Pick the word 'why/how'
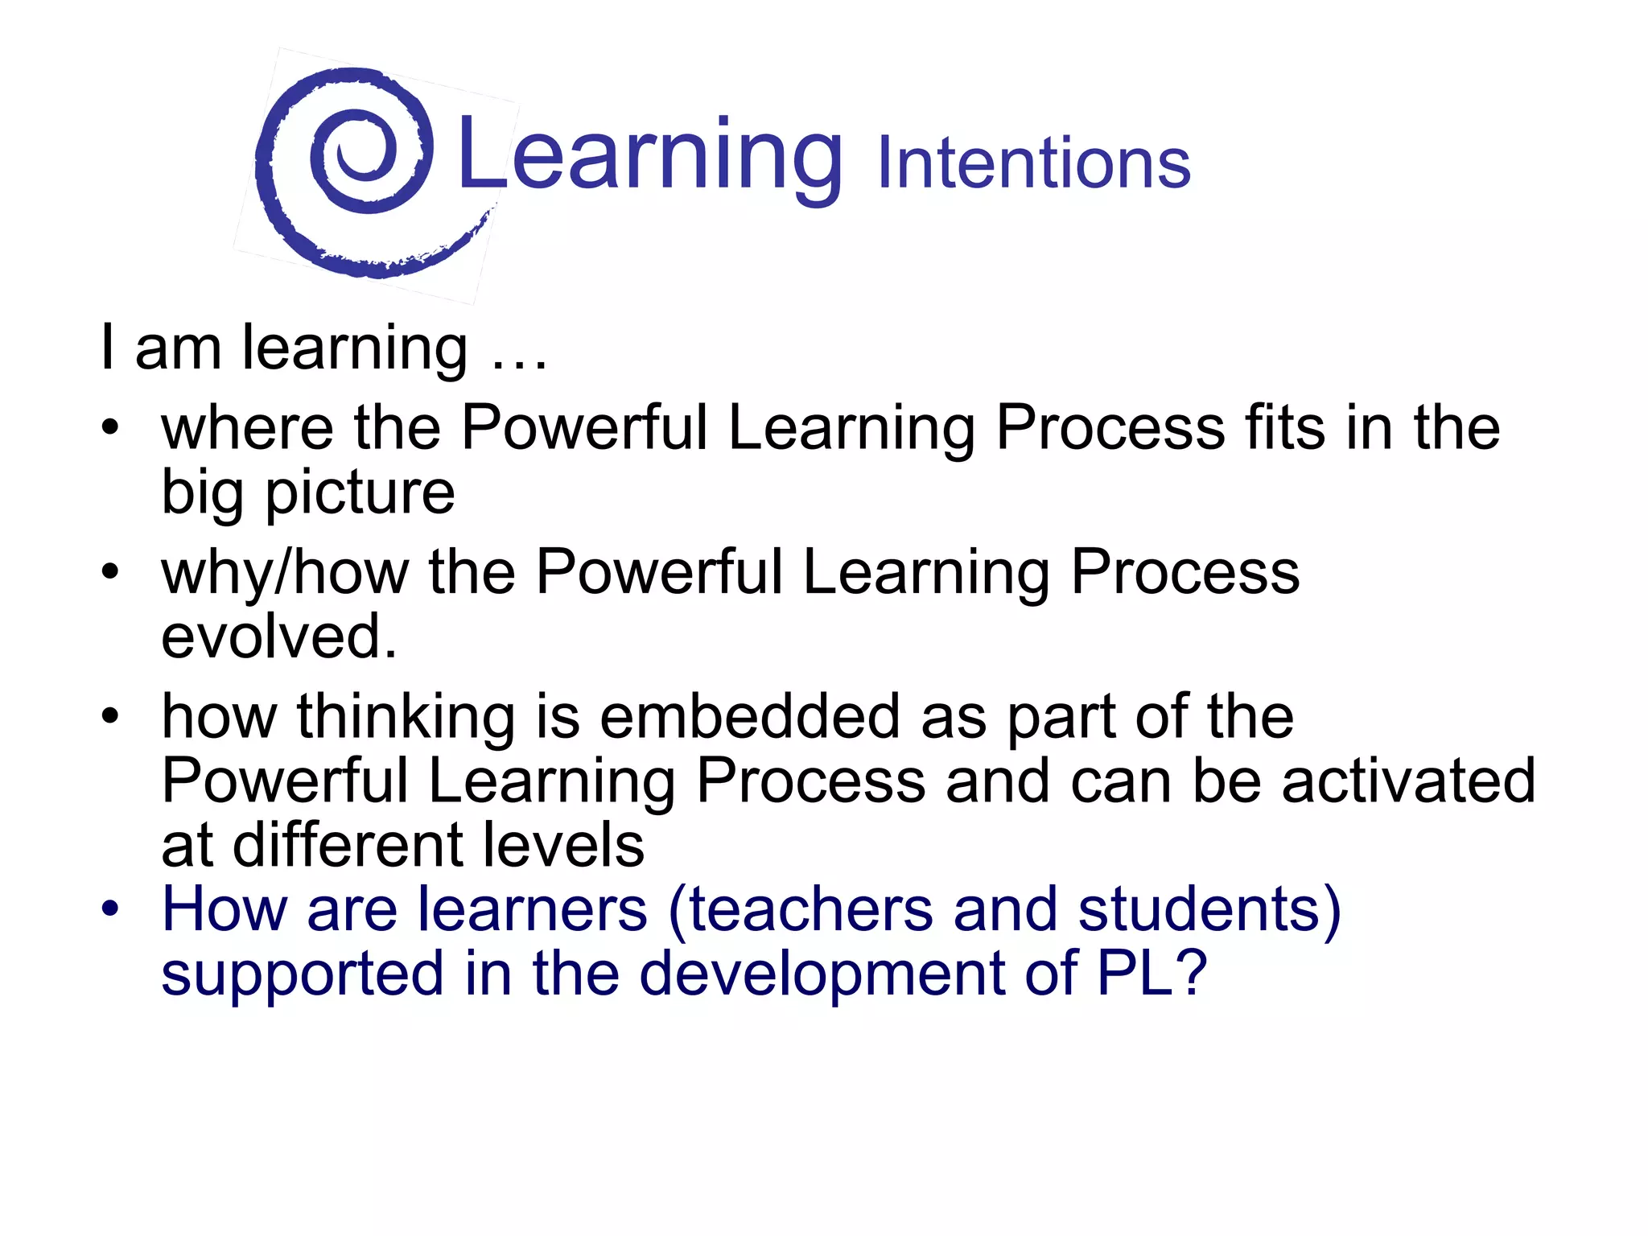coord(284,573)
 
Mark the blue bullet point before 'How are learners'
coord(110,909)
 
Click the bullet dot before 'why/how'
coord(110,572)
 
